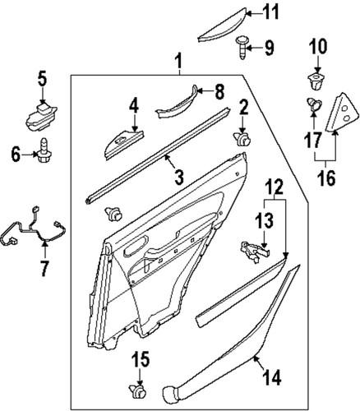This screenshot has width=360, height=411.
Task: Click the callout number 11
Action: pos(271,12)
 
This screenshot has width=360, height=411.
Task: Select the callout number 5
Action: pos(43,81)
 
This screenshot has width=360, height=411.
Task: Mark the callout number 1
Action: pos(178,60)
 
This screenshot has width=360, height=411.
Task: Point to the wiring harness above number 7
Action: pos(33,228)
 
